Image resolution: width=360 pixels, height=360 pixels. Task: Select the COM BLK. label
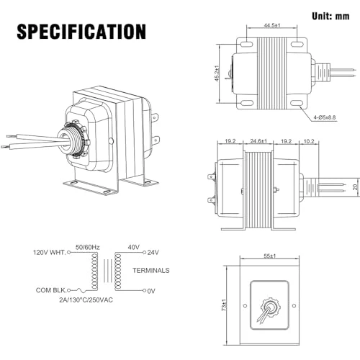(50, 290)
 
